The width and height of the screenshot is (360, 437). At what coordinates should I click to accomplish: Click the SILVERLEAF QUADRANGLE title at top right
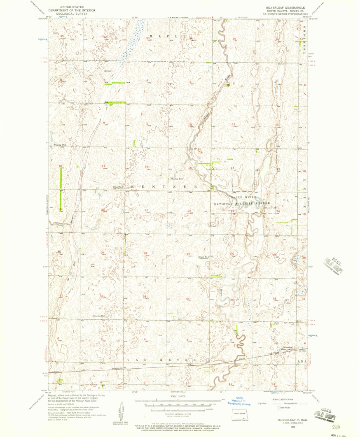(x=276, y=7)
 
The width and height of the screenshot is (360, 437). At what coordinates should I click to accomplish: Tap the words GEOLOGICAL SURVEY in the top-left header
(x=69, y=13)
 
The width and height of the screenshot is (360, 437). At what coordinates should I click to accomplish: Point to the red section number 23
(x=233, y=211)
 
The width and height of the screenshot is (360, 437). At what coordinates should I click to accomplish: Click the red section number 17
(x=103, y=166)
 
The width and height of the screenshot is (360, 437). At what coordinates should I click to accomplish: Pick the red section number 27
(x=188, y=254)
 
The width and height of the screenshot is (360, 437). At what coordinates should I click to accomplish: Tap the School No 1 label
(x=204, y=257)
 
